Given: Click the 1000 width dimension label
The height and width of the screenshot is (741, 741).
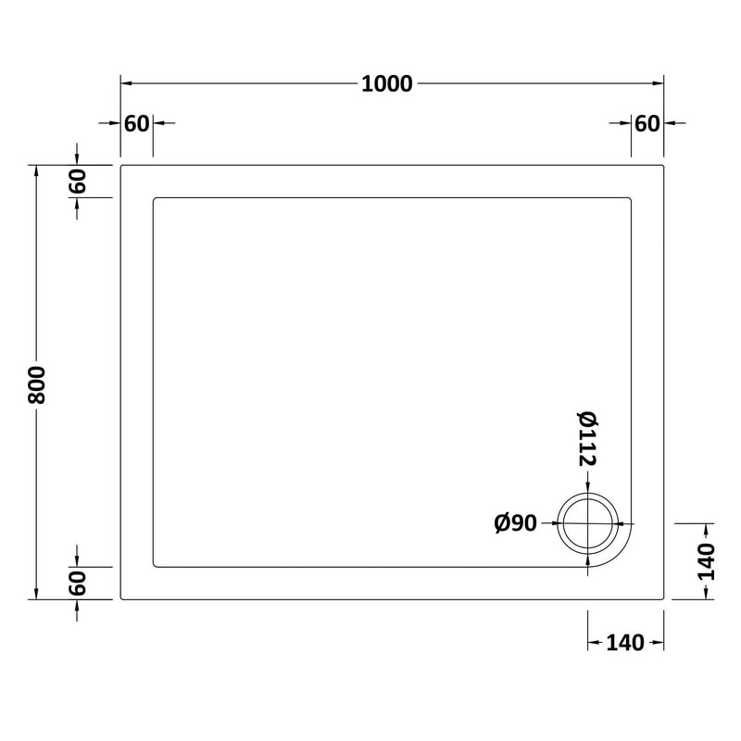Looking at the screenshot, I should [x=387, y=83].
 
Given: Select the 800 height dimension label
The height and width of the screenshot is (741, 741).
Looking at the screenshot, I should [x=37, y=383].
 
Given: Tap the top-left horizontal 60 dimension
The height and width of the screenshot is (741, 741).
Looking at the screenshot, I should [x=136, y=123].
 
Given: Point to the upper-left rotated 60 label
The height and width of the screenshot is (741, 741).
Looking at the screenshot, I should [x=77, y=181].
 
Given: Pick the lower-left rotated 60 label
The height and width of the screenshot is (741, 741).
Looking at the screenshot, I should [x=77, y=584].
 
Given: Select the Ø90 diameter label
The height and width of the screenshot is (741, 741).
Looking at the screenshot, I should [x=516, y=524].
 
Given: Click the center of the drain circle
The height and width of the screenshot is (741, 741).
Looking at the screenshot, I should [x=590, y=522].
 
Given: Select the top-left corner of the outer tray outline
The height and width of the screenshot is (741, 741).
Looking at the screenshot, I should [x=121, y=166].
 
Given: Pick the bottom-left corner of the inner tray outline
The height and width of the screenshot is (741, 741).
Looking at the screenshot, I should [x=153, y=567].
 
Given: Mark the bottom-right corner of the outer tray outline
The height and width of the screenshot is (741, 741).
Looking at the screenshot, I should [x=664, y=599].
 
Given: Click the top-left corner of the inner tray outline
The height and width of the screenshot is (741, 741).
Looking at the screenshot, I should [x=153, y=197].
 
